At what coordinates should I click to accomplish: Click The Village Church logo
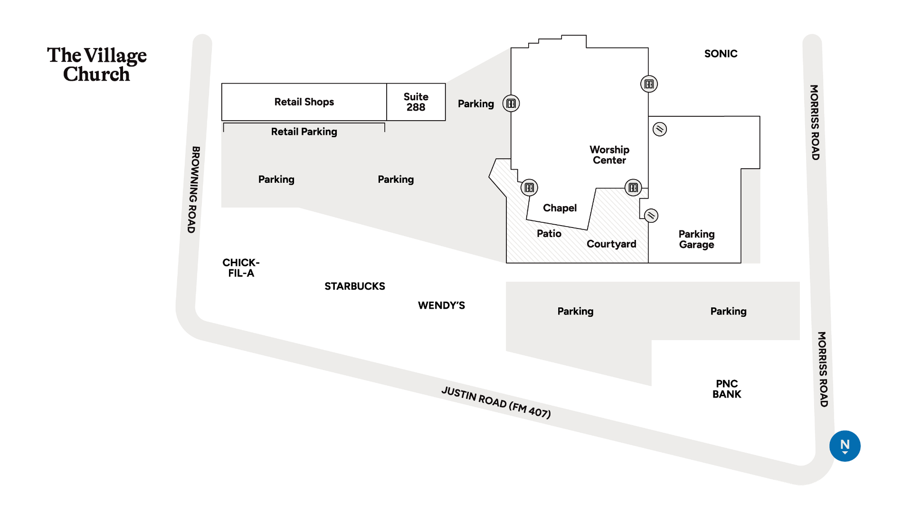tap(97, 65)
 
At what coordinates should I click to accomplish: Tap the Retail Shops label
tap(304, 102)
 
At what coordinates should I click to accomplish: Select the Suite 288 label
tap(416, 102)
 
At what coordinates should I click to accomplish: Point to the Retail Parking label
tap(304, 132)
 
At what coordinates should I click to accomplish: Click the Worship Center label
tap(609, 155)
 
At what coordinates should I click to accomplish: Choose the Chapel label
tap(560, 208)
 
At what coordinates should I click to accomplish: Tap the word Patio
tap(549, 234)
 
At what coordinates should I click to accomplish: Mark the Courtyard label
tap(611, 244)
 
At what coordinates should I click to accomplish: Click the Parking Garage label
tap(696, 239)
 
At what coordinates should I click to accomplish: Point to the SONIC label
tap(721, 54)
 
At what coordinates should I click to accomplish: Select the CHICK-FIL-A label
tap(241, 268)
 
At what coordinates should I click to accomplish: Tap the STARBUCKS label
tap(355, 286)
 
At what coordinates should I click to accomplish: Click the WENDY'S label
tap(441, 305)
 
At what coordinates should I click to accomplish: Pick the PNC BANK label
tap(727, 389)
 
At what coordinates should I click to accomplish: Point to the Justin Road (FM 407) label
tap(496, 402)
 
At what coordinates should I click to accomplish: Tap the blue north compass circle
tap(845, 446)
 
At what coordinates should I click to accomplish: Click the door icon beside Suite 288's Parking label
tap(511, 104)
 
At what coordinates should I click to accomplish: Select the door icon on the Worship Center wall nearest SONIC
tap(649, 84)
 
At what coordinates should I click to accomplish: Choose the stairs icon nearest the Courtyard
tap(651, 216)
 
